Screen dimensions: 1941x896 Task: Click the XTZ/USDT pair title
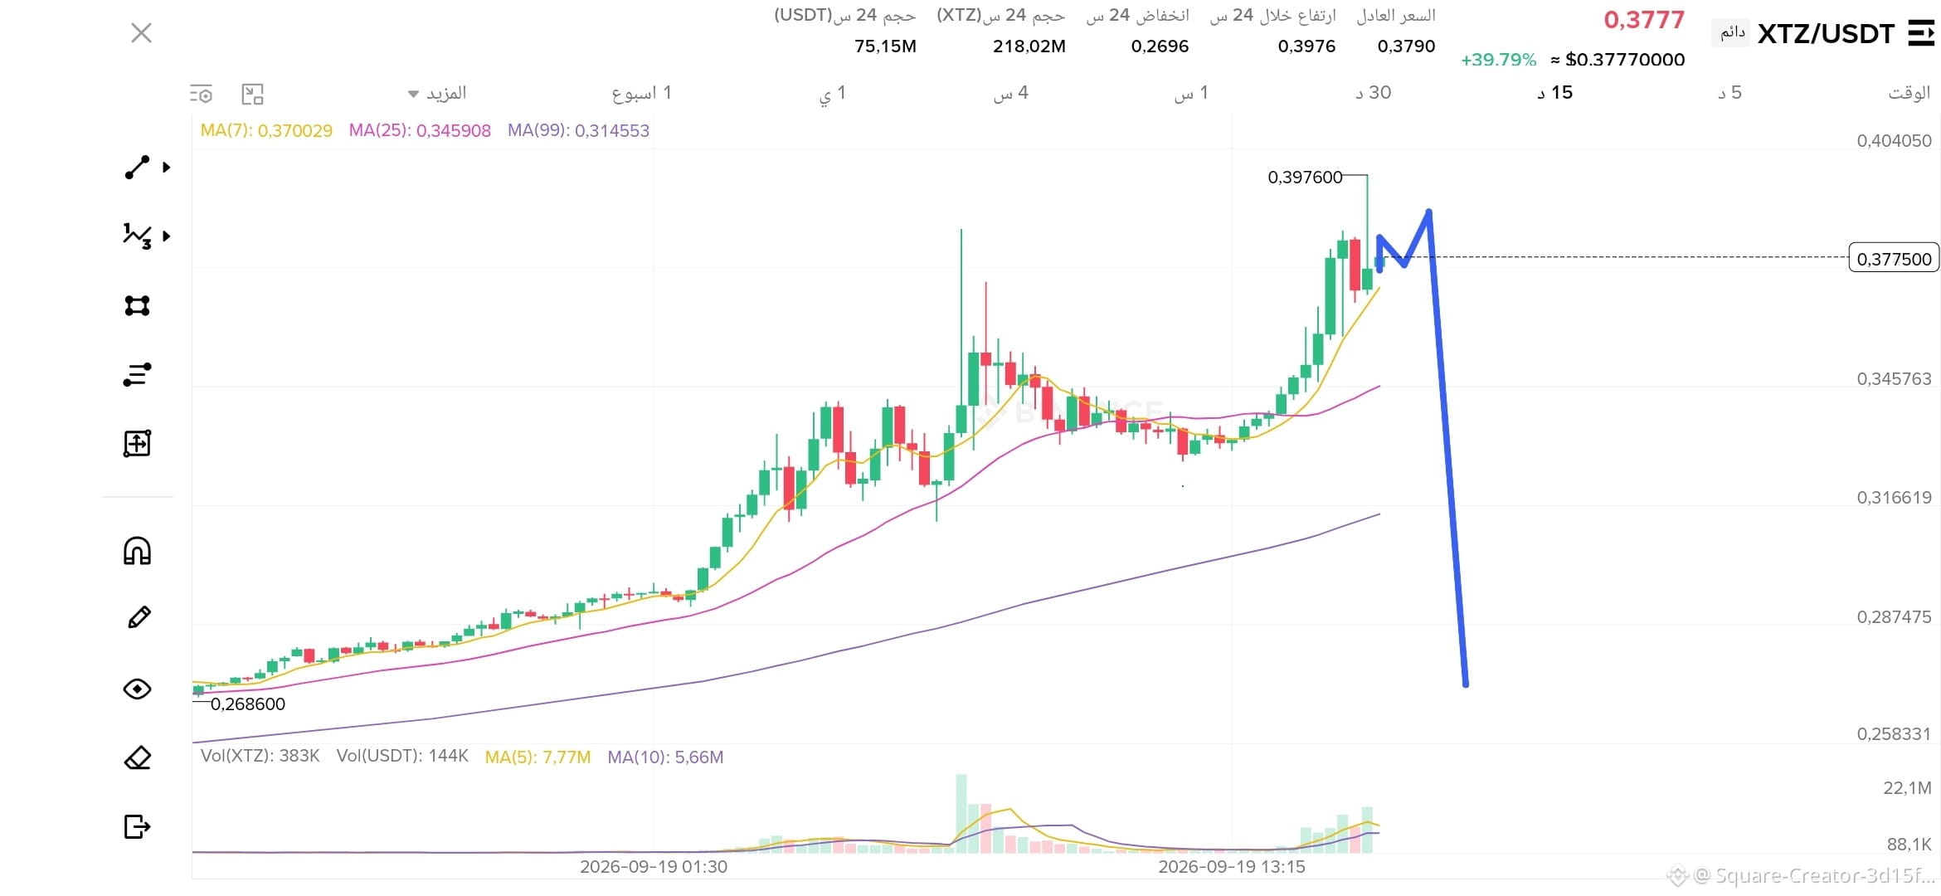coord(1826,34)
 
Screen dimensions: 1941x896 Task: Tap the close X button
coord(142,33)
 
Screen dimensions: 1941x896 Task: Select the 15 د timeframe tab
coord(1554,92)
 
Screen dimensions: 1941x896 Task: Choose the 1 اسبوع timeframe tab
coord(641,93)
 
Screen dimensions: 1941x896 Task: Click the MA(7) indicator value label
coord(266,130)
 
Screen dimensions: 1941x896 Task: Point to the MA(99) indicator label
coord(578,130)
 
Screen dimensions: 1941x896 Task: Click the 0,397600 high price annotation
coord(1305,177)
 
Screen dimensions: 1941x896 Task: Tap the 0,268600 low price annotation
coord(247,704)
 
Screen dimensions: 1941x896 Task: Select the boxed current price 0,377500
coord(1895,259)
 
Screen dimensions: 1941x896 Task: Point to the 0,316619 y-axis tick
coord(1894,498)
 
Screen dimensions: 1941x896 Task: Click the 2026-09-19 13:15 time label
coord(1232,867)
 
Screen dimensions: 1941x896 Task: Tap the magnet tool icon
coord(138,551)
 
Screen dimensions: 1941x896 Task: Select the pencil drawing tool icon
coord(139,617)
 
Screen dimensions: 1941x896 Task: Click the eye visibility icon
coord(138,689)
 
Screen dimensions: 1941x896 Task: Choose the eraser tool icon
coord(138,757)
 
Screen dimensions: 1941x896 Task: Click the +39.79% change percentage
coord(1498,60)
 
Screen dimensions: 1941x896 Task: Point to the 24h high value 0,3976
coord(1306,46)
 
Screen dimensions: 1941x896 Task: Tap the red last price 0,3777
coord(1644,20)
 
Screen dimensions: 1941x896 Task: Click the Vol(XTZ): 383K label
coord(260,756)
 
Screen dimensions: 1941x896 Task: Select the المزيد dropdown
coord(438,93)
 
